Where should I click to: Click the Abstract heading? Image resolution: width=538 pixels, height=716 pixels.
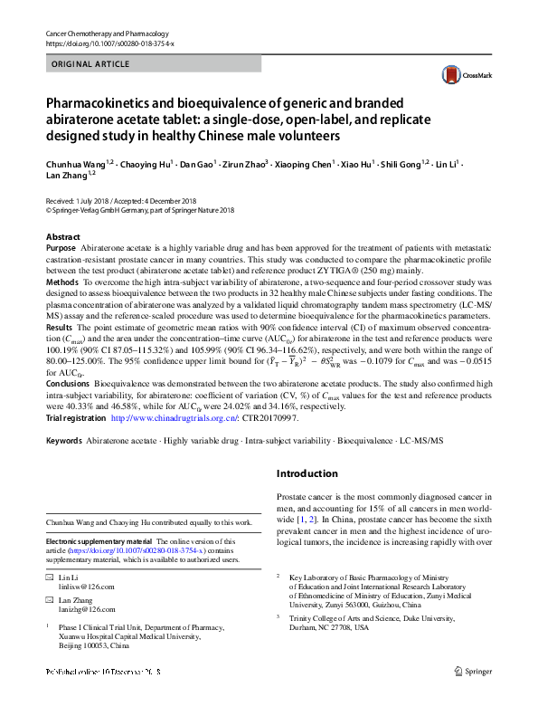pyautogui.click(x=62, y=236)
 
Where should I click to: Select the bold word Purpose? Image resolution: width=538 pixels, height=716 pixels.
pyautogui.click(x=61, y=247)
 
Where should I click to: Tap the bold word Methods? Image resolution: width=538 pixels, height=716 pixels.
pyautogui.click(x=61, y=282)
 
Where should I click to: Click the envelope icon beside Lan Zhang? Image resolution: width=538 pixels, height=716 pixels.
pyautogui.click(x=50, y=599)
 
